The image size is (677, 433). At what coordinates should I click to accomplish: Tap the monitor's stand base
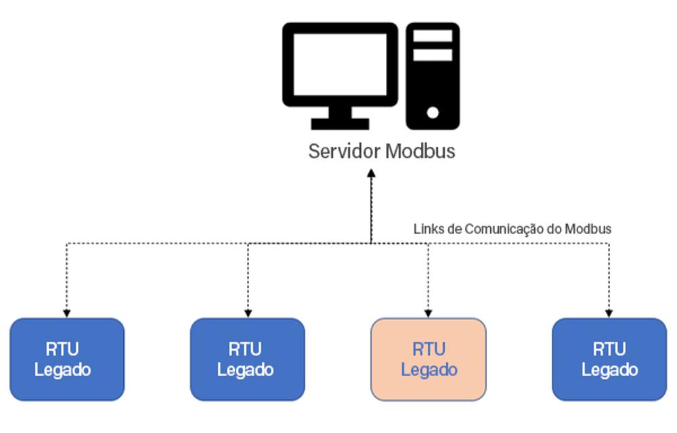[x=340, y=124]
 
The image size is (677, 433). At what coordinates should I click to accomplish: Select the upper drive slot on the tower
[x=433, y=36]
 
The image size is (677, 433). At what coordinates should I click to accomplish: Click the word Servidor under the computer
[x=344, y=151]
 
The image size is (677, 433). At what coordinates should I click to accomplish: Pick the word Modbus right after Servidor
[x=420, y=151]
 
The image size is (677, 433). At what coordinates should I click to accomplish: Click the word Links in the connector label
[x=427, y=229]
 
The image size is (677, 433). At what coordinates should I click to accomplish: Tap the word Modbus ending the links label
[x=588, y=229]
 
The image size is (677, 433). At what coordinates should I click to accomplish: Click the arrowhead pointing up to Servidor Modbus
[x=371, y=173]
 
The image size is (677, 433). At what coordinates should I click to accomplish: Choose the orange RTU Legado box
[x=429, y=359]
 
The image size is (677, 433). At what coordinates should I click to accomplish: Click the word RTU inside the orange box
[x=429, y=349]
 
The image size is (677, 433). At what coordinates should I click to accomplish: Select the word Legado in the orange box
[x=429, y=370]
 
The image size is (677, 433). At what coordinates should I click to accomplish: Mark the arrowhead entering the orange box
[x=428, y=313]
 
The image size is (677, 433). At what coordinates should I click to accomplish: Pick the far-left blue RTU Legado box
[x=67, y=359]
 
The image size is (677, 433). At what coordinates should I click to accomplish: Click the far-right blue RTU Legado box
[x=609, y=359]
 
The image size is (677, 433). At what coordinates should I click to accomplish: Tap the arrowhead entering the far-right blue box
[x=609, y=313]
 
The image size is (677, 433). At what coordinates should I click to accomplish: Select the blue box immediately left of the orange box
[x=247, y=359]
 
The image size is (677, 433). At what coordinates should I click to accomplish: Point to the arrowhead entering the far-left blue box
[x=66, y=313]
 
